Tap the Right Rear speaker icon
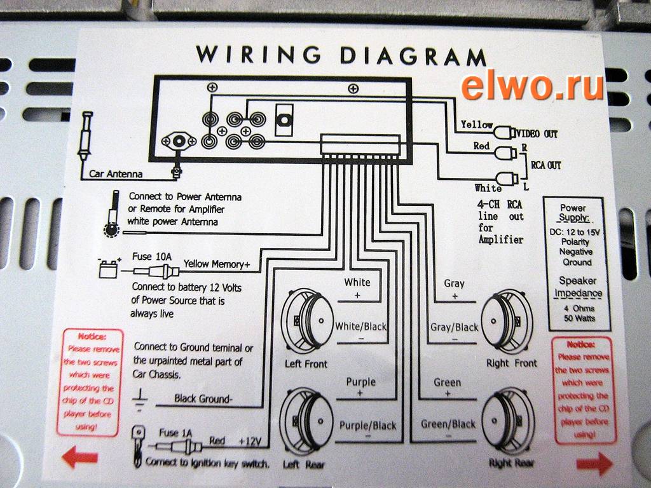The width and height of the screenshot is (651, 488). [506, 422]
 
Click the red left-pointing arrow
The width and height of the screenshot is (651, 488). [80, 457]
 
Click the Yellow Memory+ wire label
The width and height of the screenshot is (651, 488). [217, 263]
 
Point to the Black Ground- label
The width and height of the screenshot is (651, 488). [203, 399]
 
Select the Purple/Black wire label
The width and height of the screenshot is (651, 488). [367, 426]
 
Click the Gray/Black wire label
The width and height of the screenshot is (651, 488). [454, 327]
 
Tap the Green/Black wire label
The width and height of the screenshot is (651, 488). [448, 424]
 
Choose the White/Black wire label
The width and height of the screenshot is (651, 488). [360, 327]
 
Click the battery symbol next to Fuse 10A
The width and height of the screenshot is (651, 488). [108, 269]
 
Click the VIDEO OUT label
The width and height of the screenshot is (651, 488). [537, 134]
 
